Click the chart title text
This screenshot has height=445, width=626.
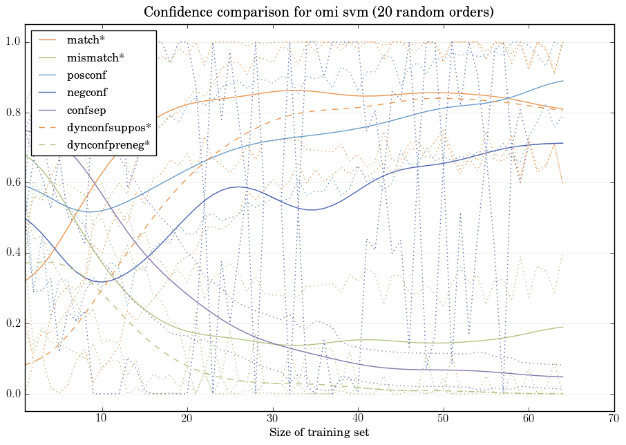pos(319,12)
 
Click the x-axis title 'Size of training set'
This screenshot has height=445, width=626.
pos(319,433)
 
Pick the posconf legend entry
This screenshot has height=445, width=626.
pos(87,75)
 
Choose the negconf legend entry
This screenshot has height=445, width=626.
pos(87,92)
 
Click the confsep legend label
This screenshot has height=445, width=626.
pos(86,109)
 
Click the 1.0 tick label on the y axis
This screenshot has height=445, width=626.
pos(12,43)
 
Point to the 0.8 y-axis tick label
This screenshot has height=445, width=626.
pos(12,113)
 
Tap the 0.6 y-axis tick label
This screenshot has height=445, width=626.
pos(12,184)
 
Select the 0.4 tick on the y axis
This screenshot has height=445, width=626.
pos(12,254)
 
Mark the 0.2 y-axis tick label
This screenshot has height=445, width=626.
pos(12,324)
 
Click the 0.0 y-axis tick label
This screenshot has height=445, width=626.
pos(12,395)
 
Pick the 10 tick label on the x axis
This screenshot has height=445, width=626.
pos(102,419)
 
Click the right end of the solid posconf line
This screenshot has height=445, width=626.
pos(562,81)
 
